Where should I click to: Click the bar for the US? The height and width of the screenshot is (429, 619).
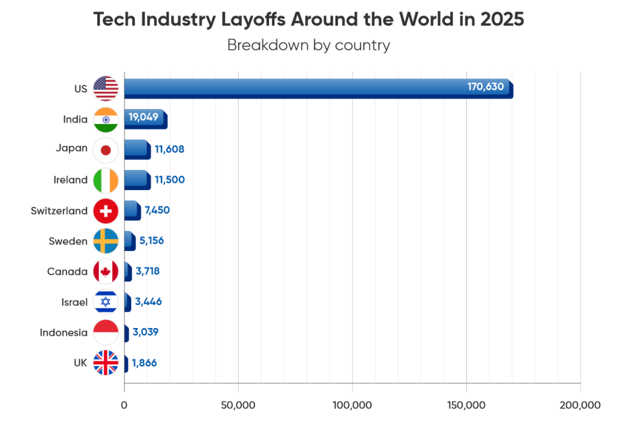click(319, 88)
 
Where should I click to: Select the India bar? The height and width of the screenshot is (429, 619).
click(146, 119)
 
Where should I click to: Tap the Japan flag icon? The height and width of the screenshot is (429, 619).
click(106, 150)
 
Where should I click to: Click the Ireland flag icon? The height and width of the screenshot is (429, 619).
click(106, 180)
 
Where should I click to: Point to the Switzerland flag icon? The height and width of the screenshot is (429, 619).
click(106, 211)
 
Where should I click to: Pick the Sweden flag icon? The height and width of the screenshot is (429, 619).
click(106, 241)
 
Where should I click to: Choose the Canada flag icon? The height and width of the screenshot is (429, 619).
click(106, 272)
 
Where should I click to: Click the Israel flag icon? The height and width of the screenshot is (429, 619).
click(106, 302)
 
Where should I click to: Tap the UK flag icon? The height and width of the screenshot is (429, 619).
click(106, 362)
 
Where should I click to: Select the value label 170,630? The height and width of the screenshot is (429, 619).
click(485, 87)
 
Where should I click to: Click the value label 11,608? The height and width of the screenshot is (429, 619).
click(169, 149)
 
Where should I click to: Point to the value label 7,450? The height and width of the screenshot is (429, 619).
click(157, 210)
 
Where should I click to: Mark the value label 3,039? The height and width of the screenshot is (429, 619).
click(145, 332)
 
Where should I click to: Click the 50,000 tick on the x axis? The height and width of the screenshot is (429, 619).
click(238, 405)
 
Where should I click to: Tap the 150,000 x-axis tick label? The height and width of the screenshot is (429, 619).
click(466, 405)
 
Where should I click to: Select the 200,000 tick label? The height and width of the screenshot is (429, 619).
click(580, 405)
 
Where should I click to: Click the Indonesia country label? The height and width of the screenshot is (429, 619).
click(63, 333)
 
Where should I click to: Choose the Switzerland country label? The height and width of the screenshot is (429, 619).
click(59, 211)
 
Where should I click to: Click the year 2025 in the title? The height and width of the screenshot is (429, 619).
click(502, 19)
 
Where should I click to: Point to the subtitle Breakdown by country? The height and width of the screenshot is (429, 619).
click(309, 45)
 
